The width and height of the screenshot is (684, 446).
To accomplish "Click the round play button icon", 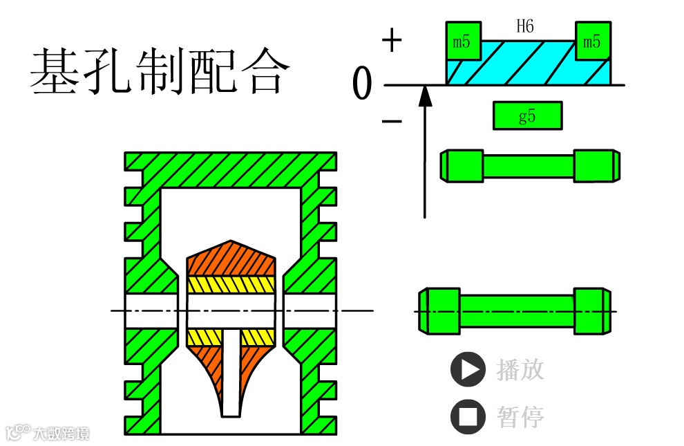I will click(468, 369).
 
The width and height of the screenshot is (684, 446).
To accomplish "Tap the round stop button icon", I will click(468, 417).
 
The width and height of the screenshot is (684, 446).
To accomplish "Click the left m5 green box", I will click(462, 41).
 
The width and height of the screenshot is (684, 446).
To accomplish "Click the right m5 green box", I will click(591, 41).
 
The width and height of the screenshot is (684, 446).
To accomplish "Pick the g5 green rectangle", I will click(527, 115).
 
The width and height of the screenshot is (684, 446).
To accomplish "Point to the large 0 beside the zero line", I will click(362, 85).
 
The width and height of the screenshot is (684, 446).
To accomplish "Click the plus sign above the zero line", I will click(392, 41).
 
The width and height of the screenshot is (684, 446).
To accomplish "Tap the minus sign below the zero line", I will click(392, 122).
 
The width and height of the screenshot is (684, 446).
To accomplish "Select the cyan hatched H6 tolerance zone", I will click(527, 64).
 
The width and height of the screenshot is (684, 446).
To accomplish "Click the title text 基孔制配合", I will click(158, 71).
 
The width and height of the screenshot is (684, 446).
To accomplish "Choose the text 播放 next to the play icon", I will click(520, 369).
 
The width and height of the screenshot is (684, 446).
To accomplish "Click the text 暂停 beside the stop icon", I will click(520, 417).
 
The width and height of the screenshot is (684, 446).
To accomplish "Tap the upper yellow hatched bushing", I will click(231, 284).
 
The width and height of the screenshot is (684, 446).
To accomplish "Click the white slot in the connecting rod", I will click(231, 373).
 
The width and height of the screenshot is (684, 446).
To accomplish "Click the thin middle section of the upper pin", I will click(528, 166).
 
